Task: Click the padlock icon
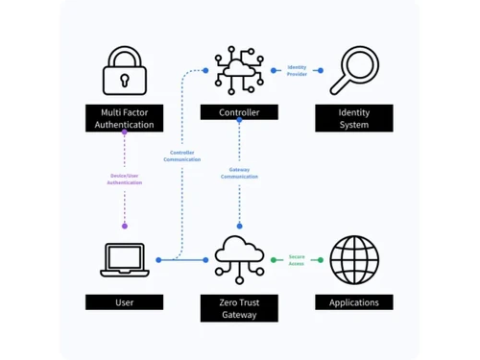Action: point(124,71)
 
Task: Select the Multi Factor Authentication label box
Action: point(124,119)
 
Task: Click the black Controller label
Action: point(239,112)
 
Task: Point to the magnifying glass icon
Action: point(352,71)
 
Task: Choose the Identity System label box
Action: point(354,119)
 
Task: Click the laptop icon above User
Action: point(124,260)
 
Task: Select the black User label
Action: point(124,302)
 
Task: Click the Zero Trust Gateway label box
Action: point(239,308)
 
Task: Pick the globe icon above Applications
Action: point(354,260)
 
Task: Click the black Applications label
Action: point(354,302)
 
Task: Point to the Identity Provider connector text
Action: point(297,71)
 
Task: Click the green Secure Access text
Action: point(296,260)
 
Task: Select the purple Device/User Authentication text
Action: point(124,179)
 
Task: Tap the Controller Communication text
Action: point(181,156)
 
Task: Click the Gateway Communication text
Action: point(239,174)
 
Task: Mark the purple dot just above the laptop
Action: point(124,227)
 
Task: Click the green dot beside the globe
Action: point(320,259)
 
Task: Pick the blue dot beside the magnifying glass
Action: point(320,71)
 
